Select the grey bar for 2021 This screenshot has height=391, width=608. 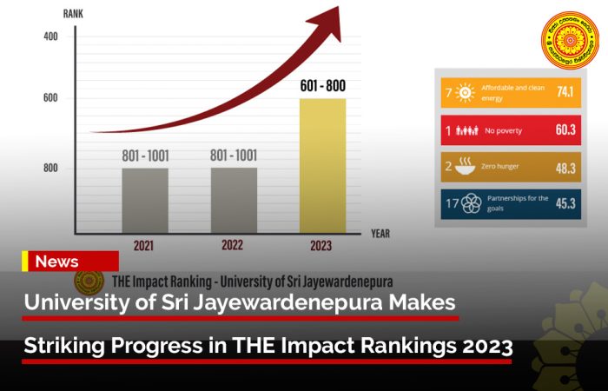(144, 201)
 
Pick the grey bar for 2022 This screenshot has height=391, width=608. (234, 201)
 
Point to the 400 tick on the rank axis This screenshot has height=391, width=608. (50, 36)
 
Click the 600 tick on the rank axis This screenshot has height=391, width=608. (50, 97)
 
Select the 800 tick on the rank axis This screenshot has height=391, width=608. (50, 168)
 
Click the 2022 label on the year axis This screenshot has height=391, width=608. (232, 246)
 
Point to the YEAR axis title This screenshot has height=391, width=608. (380, 234)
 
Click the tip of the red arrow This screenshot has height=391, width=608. (337, 9)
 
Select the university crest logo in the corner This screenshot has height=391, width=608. (571, 40)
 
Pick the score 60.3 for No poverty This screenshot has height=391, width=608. (565, 130)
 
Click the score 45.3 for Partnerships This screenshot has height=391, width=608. (565, 204)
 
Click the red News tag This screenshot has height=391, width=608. (70, 262)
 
